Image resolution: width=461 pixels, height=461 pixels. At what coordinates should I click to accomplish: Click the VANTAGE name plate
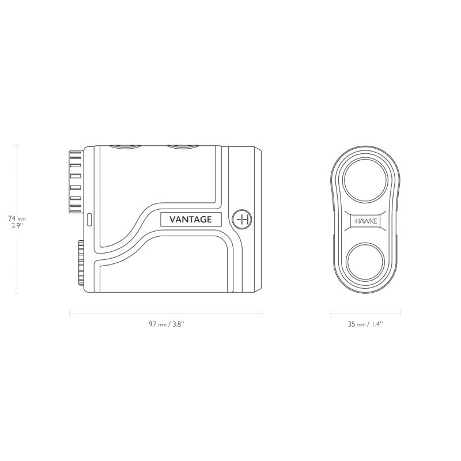[x=191, y=220]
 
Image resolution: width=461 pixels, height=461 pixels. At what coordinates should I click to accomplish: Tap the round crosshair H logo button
[x=241, y=220]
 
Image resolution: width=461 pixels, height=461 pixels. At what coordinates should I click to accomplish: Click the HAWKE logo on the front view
[x=365, y=221]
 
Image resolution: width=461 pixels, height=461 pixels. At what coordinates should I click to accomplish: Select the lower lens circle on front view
[x=365, y=262]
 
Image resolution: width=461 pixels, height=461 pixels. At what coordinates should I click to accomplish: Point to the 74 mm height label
[x=17, y=218]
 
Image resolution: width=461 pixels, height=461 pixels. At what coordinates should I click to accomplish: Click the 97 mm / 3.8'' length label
[x=167, y=324]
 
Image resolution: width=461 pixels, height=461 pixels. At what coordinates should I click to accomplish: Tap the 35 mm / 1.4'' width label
[x=365, y=324]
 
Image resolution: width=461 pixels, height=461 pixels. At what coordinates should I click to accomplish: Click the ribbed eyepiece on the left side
[x=76, y=182]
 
